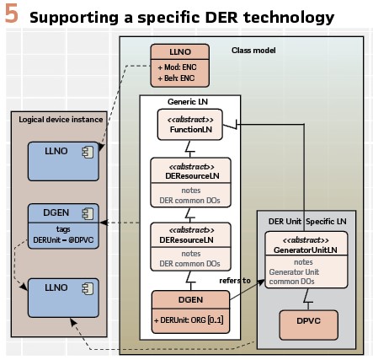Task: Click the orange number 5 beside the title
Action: pos(12,14)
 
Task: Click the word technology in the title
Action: pos(289,18)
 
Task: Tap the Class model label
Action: pos(253,51)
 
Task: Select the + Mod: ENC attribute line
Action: pos(177,67)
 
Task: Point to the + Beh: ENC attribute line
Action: pos(176,78)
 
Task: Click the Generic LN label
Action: pos(188,101)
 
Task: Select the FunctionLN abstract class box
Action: pos(190,125)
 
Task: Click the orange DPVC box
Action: pos(308,325)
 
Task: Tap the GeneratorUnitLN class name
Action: pos(306,250)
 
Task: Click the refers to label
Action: pos(235,281)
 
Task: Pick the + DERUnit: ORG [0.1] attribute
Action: pos(189,320)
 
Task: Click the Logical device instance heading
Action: pos(61,120)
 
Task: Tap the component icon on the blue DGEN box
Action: pos(88,214)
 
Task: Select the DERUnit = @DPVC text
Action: pos(63,240)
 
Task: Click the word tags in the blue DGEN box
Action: pos(63,229)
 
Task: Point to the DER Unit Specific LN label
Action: pos(307,222)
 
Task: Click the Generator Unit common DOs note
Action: pos(294,277)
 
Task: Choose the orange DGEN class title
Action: pos(190,299)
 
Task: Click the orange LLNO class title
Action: pos(180,51)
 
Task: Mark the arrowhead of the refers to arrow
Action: pos(263,282)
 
